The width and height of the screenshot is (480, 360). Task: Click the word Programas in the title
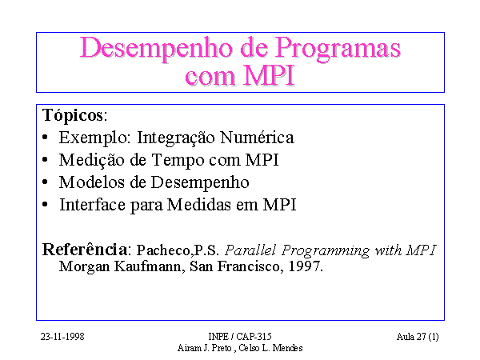[338, 50]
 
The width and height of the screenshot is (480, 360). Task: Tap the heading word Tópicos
[73, 116]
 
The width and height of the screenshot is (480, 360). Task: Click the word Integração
[175, 138]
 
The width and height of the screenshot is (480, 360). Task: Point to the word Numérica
[257, 137]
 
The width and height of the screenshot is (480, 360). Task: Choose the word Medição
[92, 161]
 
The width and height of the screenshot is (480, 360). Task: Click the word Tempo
[178, 161]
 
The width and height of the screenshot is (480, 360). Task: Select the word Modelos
[91, 182]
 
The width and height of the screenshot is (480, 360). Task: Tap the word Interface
[92, 205]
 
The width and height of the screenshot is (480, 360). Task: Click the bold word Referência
[85, 249]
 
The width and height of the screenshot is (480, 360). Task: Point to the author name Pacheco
[163, 250]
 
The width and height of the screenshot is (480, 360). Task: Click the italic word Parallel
[250, 250]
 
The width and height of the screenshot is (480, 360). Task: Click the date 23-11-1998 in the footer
[62, 337]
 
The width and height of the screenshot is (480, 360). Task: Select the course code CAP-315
[254, 337]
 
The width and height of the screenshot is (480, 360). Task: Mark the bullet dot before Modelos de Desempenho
[45, 182]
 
